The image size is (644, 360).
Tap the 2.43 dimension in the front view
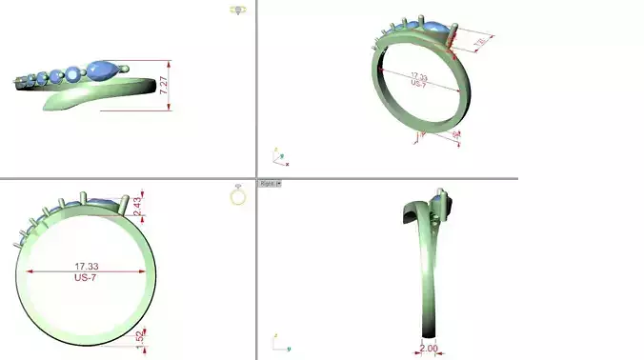click(x=137, y=205)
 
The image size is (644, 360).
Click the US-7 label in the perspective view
click(x=418, y=84)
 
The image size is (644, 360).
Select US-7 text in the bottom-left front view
click(x=86, y=278)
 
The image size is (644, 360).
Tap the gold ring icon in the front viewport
click(x=238, y=195)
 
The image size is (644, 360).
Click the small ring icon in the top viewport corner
click(x=238, y=10)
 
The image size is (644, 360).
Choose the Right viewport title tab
click(x=270, y=183)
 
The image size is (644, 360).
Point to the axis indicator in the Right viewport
click(x=277, y=340)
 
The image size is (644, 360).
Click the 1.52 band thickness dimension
click(x=139, y=336)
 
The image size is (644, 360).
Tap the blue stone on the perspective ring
click(x=436, y=30)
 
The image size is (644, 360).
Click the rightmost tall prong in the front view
click(x=126, y=203)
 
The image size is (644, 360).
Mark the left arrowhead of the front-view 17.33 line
click(x=28, y=271)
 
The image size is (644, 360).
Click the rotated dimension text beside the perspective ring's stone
click(x=484, y=44)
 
